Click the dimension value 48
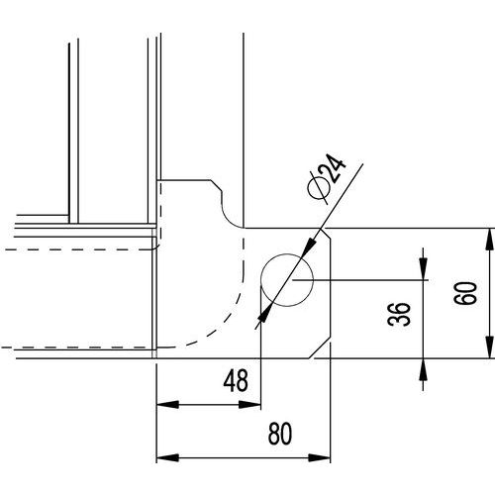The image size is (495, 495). tap(236, 381)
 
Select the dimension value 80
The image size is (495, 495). tap(280, 434)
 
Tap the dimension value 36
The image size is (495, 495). tap(399, 314)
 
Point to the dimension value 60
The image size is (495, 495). tap(465, 293)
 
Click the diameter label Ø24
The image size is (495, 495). tap(327, 177)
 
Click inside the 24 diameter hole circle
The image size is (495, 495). tap(286, 280)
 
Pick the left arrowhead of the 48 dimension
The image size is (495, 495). tap(167, 404)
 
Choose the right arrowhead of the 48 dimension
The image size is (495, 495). tap(249, 404)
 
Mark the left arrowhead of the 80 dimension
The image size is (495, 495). tap(167, 457)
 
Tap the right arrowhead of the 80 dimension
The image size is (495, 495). tap(319, 457)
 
